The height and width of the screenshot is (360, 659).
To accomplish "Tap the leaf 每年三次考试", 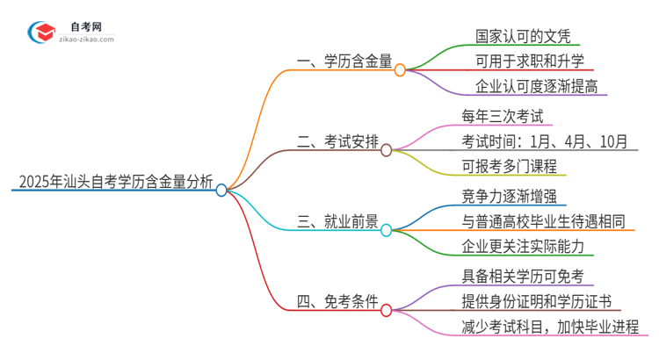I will pos(503,115).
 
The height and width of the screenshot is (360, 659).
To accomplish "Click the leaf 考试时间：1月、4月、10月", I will pos(544,140).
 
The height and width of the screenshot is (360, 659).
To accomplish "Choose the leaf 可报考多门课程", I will pos(509,166).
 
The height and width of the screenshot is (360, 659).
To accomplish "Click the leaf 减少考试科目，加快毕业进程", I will pos(554,328).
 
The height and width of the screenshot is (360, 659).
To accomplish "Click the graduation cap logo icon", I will pos(39,33).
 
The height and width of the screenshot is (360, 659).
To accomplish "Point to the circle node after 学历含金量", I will pos(400,69).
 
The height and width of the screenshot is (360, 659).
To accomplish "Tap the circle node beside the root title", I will pos(221,190).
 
